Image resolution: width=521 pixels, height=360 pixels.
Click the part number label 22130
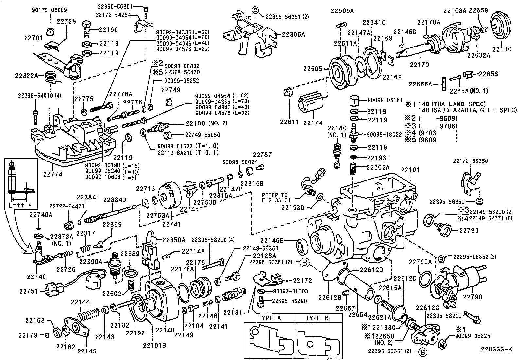click(x=502, y=49)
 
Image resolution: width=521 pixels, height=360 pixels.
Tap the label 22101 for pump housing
click(x=410, y=170)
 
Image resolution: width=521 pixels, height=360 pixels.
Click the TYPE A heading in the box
click(x=269, y=318)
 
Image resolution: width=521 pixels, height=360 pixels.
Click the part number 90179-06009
click(x=49, y=10)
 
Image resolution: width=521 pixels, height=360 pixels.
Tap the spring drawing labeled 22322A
click(x=51, y=78)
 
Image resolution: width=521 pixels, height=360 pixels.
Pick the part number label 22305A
click(x=293, y=34)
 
